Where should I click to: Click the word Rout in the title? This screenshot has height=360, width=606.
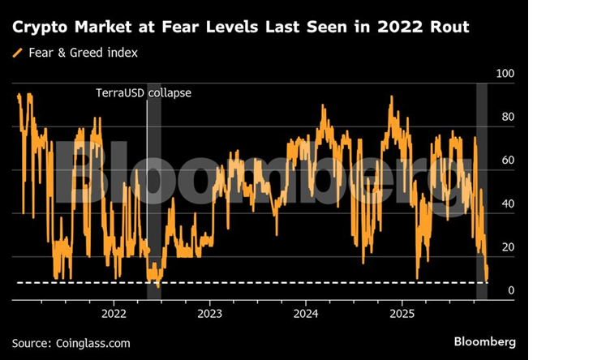point(449,28)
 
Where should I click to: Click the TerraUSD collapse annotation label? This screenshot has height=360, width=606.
point(144,93)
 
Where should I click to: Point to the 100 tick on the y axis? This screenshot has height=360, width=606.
point(505,74)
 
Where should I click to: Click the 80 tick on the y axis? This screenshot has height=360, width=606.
point(509,117)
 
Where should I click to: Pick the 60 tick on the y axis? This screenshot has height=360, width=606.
point(509,161)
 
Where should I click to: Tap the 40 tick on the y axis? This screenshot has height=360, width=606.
point(509,204)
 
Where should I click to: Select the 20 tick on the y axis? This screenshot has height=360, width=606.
point(509,247)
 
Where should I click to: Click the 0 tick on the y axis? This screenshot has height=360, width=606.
point(511,291)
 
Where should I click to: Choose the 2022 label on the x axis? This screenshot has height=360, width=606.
point(113,313)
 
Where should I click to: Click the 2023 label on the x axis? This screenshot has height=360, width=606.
point(209,313)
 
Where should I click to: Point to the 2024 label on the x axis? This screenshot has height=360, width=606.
point(306,313)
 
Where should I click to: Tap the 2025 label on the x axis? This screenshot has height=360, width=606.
point(403,313)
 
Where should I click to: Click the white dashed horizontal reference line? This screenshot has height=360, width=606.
point(243,282)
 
